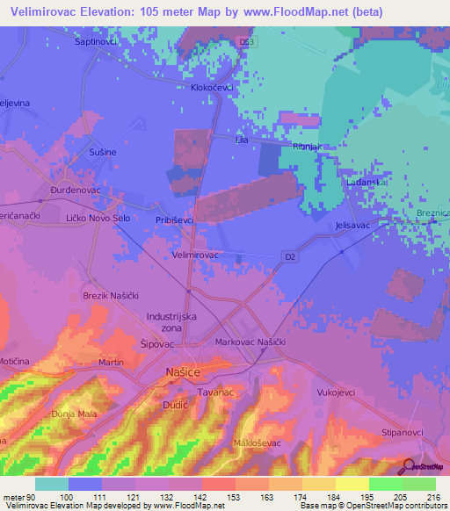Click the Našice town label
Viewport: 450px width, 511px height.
(x=183, y=374)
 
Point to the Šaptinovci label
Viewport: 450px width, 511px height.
(x=96, y=41)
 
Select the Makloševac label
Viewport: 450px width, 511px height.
(x=258, y=443)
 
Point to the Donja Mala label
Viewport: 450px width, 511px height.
(x=73, y=414)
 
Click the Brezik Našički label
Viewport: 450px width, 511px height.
(x=112, y=296)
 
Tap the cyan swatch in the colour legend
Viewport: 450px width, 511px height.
(x=52, y=484)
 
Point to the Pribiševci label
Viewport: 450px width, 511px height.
(x=174, y=221)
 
